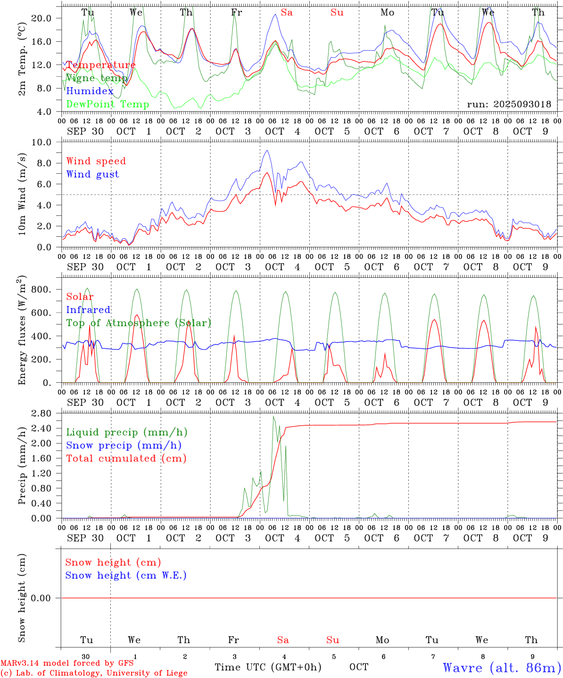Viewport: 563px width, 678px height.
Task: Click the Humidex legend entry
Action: [x=90, y=91]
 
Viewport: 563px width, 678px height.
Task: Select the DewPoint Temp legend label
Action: [x=108, y=105]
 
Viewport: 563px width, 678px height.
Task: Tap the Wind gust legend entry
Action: [x=92, y=174]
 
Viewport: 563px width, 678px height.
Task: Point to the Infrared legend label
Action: [x=88, y=310]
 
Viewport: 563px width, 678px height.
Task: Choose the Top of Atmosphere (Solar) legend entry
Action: [x=138, y=323]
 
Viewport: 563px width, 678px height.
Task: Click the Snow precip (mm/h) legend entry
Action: [x=124, y=445]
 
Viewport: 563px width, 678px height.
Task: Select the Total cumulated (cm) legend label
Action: [x=126, y=459]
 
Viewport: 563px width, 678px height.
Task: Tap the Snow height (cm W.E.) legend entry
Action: [x=125, y=575]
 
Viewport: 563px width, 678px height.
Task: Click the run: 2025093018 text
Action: [x=509, y=105]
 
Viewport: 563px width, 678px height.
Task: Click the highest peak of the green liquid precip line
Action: [x=273, y=416]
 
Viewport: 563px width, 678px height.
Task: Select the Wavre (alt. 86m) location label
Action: [x=502, y=668]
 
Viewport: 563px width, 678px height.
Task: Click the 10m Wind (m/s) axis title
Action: [x=22, y=194]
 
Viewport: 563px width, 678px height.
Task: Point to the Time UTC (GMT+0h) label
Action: [x=268, y=667]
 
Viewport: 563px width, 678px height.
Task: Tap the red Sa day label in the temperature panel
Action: [x=287, y=13]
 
